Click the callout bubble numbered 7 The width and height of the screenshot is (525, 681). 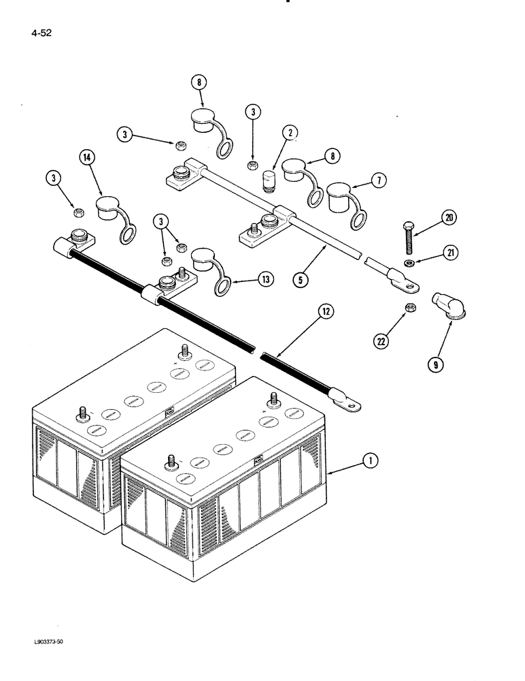click(378, 180)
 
